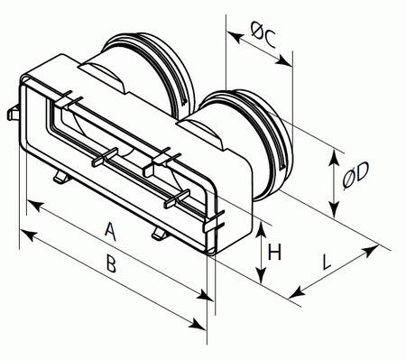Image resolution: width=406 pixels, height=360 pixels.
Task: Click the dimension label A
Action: click(111, 231)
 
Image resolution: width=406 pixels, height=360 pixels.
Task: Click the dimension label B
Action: click(111, 263)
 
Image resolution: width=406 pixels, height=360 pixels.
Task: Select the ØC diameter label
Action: click(263, 35)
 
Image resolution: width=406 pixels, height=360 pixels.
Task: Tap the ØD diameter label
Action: click(355, 176)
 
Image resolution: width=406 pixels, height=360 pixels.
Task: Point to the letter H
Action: click(274, 252)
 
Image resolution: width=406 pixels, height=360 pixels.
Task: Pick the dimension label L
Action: click(327, 263)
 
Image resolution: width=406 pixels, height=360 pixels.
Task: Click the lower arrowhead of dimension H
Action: click(262, 276)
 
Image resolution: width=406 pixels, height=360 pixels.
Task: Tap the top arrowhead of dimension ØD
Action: click(333, 157)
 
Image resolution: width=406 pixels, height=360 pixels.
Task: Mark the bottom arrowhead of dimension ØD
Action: click(334, 209)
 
